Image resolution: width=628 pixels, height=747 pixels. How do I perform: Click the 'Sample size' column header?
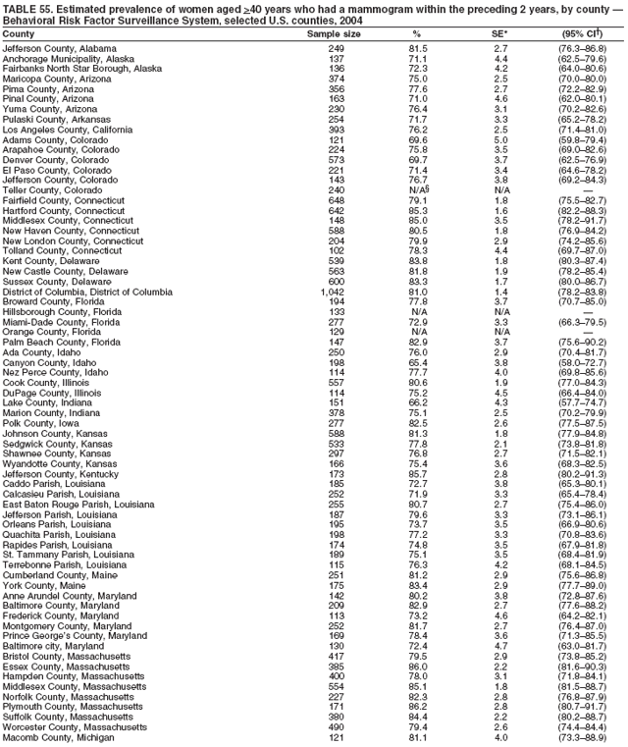(334, 33)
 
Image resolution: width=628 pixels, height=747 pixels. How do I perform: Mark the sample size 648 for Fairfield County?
(336, 200)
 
